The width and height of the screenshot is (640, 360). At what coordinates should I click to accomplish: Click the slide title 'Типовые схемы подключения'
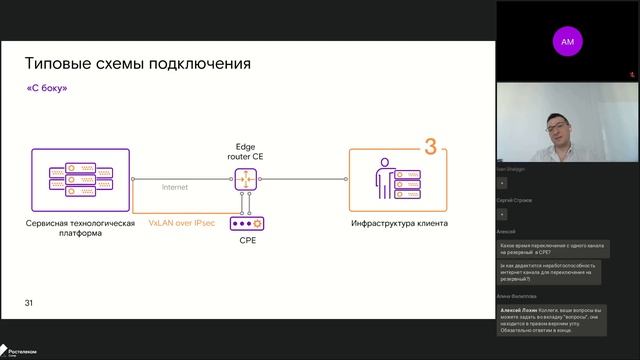137,65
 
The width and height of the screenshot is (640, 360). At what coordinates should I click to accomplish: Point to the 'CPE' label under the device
246,241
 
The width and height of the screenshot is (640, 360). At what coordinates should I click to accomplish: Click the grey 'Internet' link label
175,187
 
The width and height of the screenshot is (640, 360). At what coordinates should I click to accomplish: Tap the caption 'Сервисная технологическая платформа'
81,229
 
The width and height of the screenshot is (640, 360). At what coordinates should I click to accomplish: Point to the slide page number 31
29,302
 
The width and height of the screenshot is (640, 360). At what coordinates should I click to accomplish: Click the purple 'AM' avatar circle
568,42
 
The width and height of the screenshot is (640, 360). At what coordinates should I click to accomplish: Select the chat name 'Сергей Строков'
514,200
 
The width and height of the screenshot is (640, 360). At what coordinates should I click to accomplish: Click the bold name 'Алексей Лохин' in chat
517,310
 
